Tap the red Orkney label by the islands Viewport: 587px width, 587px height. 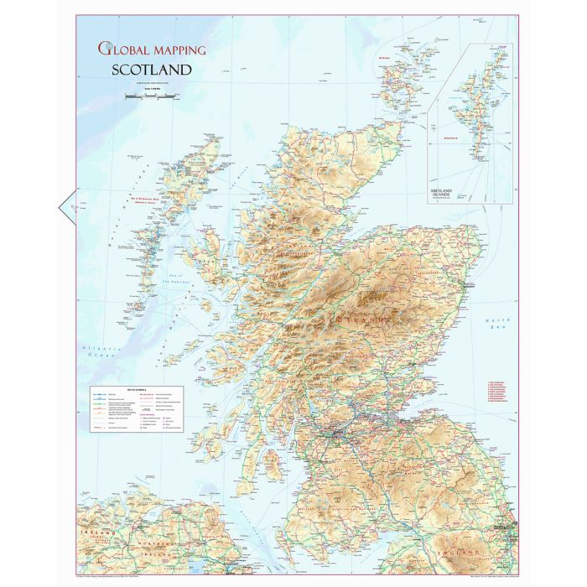pyautogui.click(x=386, y=58)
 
